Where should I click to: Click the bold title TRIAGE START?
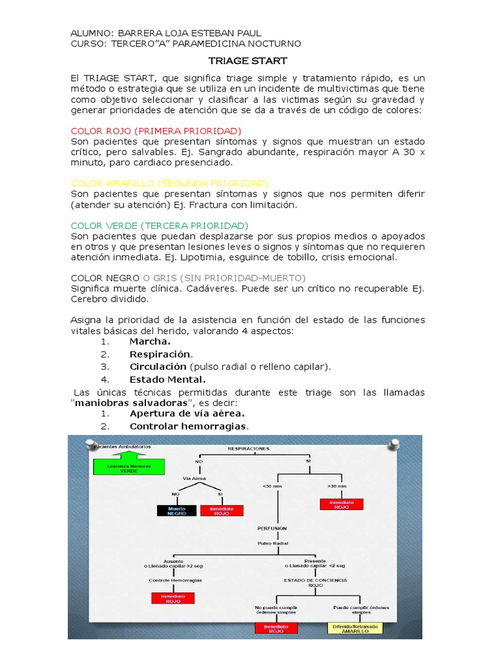[x=247, y=61]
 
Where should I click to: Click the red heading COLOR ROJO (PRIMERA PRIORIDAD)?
[x=156, y=131]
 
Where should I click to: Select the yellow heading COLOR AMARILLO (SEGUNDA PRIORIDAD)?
[x=169, y=184]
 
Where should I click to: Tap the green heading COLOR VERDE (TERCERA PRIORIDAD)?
[x=159, y=226]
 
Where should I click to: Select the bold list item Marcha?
[x=150, y=341]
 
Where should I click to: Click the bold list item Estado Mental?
[x=167, y=379]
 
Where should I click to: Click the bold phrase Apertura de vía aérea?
[x=187, y=413]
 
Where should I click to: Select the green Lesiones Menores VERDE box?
[x=129, y=468]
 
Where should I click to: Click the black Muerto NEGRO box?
[x=176, y=511]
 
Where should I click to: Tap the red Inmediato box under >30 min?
[x=341, y=504]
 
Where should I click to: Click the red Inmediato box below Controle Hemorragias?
[x=172, y=597]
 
